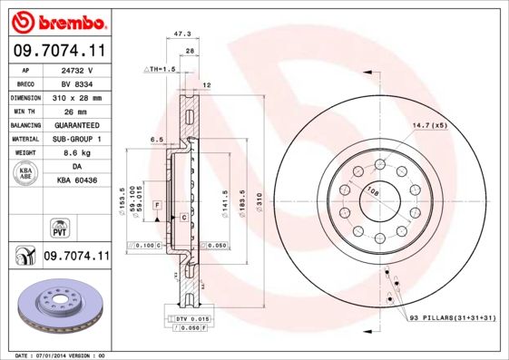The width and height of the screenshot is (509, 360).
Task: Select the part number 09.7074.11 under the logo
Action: click(x=56, y=50)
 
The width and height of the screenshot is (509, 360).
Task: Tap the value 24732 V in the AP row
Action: click(x=76, y=69)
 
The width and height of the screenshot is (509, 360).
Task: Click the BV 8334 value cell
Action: click(x=76, y=83)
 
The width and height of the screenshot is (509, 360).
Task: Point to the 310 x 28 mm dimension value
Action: click(x=76, y=96)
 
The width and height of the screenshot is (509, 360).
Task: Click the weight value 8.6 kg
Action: click(x=76, y=153)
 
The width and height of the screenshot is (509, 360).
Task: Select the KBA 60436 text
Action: click(x=76, y=180)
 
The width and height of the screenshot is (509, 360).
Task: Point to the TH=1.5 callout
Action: click(x=160, y=69)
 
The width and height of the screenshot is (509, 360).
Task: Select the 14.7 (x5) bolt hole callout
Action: click(x=430, y=124)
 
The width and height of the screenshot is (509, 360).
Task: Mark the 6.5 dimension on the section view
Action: click(x=156, y=140)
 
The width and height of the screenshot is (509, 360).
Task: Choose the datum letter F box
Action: click(x=157, y=207)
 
